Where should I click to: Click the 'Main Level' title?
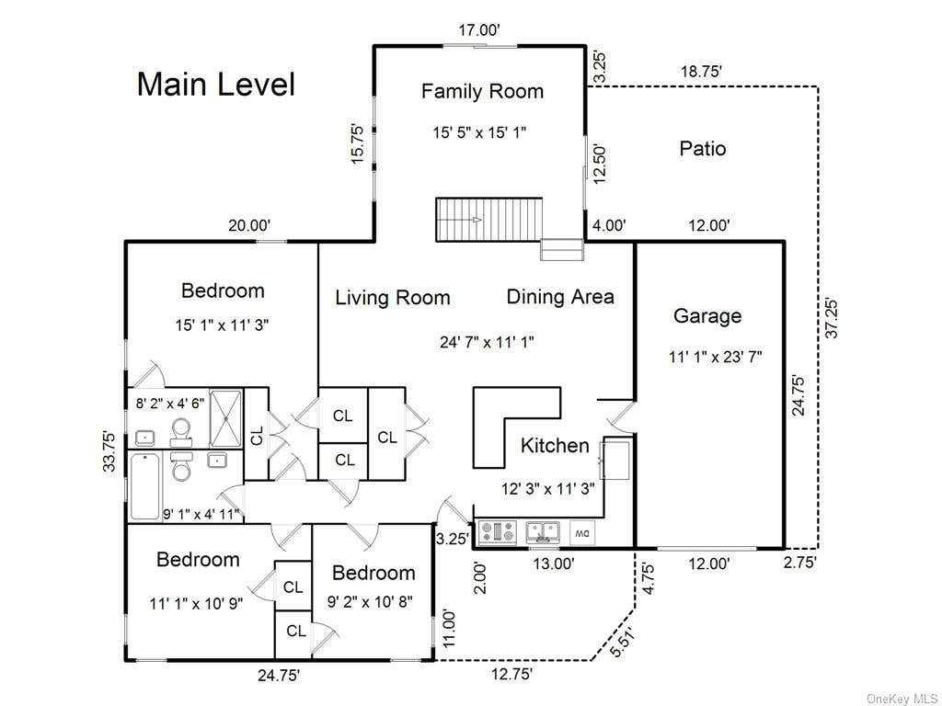(216, 85)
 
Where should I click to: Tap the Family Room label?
(482, 91)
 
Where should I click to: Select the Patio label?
(703, 148)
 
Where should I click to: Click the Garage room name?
(707, 316)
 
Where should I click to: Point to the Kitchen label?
(555, 446)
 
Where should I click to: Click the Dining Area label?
(560, 297)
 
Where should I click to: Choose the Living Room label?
(393, 298)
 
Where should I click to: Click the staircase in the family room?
(489, 220)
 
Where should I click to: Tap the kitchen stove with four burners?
(497, 532)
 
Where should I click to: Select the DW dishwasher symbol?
(582, 532)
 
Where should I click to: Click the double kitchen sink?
(543, 532)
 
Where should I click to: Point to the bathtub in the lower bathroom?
(144, 486)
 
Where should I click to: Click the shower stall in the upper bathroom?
(225, 418)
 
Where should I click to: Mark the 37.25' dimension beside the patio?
(832, 317)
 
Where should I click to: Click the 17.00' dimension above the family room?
(479, 30)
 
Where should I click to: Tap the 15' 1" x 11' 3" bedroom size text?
(222, 325)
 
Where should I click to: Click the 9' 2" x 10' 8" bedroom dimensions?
(370, 601)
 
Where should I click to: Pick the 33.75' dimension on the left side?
(109, 450)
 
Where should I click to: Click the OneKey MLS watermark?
(902, 699)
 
